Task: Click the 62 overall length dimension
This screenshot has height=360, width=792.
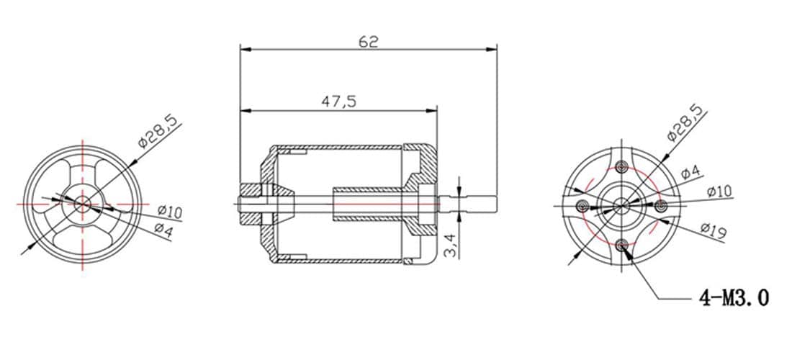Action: [x=368, y=42]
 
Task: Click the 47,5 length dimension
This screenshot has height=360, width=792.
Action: [x=339, y=102]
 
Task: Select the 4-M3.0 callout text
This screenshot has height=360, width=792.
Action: [x=734, y=298]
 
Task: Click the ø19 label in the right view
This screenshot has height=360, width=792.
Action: [x=714, y=230]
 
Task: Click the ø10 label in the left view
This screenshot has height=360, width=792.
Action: [x=170, y=212]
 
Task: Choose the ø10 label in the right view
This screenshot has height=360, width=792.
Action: [x=719, y=192]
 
